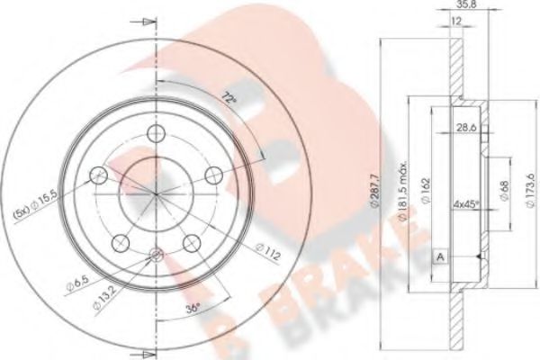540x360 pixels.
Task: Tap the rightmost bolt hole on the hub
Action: (x=214, y=174)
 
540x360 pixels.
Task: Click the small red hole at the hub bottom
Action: (x=155, y=256)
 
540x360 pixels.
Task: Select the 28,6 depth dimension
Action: (x=465, y=129)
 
